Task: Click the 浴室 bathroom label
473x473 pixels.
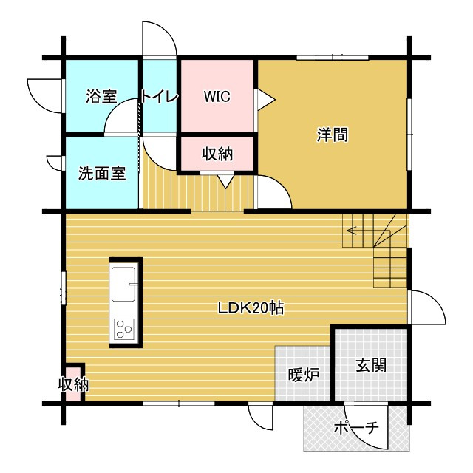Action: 101,96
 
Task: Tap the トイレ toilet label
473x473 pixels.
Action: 160,97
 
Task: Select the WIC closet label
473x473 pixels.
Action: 217,96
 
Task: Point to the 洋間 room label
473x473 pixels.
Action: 332,135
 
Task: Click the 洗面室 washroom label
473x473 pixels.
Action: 102,173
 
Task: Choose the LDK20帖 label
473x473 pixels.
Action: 251,308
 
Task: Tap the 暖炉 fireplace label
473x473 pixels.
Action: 304,375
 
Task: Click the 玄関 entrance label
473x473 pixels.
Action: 371,365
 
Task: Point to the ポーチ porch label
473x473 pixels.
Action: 356,427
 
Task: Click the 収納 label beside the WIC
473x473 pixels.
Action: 217,154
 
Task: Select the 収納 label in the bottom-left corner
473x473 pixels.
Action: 73,384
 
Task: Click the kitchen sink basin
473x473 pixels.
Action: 123,284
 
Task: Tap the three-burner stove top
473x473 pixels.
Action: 124,329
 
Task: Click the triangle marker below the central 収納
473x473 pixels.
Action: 226,182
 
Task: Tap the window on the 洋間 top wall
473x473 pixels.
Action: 333,58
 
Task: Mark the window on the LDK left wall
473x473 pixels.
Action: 64,288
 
